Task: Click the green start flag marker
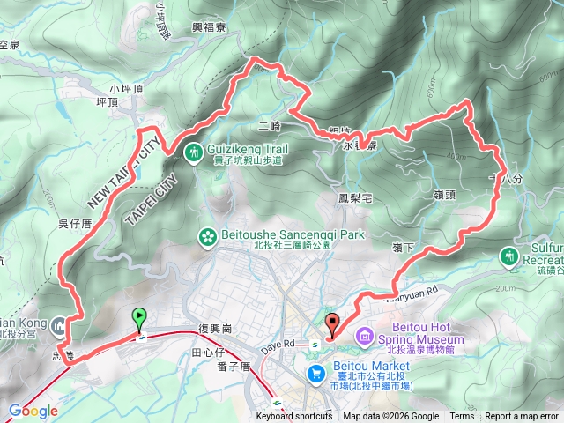(x=139, y=319)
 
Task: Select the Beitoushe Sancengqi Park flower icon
(x=207, y=237)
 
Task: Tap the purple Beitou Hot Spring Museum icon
(x=364, y=337)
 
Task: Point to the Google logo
(x=33, y=411)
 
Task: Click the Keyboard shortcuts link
(x=294, y=417)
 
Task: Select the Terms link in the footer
(x=462, y=417)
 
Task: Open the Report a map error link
(x=522, y=417)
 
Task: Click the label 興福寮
(x=210, y=28)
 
